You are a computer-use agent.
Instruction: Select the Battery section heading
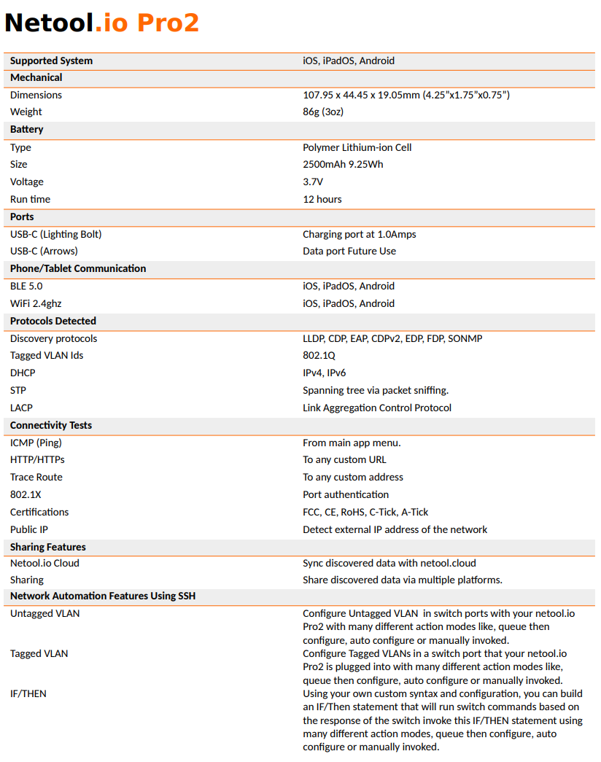click(x=27, y=129)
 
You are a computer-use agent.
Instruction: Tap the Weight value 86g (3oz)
click(x=323, y=112)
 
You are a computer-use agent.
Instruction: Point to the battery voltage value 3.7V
click(x=313, y=182)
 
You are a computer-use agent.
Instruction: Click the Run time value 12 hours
click(x=322, y=199)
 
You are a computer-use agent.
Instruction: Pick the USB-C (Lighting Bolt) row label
click(x=56, y=234)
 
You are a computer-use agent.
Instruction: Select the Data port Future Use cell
click(x=349, y=251)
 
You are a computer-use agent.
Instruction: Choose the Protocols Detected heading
click(x=53, y=321)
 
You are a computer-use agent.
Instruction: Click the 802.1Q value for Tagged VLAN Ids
click(x=319, y=355)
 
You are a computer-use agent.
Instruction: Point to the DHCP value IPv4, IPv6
click(x=325, y=373)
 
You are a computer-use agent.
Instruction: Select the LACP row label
click(x=21, y=408)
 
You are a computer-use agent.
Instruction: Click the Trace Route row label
click(x=36, y=477)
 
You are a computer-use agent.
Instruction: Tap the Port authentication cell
click(x=346, y=494)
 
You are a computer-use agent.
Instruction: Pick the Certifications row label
click(x=39, y=512)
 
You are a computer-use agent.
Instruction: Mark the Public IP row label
click(x=29, y=529)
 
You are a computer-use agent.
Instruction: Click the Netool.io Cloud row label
click(x=44, y=563)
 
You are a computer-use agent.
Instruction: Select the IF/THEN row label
click(x=28, y=693)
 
